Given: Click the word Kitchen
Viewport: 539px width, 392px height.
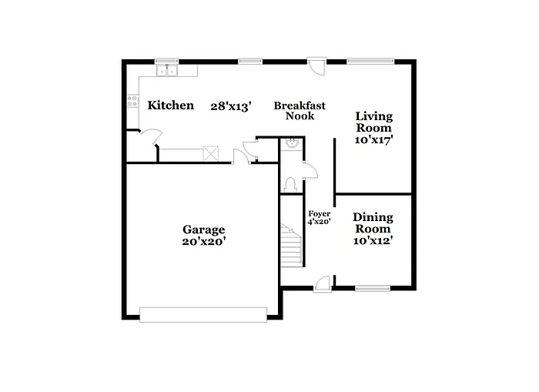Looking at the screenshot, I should pyautogui.click(x=171, y=106).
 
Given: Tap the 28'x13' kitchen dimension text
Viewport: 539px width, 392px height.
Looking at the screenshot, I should pyautogui.click(x=231, y=106).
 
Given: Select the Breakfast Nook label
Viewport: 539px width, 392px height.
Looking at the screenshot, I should pyautogui.click(x=300, y=111).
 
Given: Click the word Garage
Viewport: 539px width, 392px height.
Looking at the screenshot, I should pyautogui.click(x=203, y=229).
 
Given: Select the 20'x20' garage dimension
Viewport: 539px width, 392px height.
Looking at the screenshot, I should pyautogui.click(x=203, y=241).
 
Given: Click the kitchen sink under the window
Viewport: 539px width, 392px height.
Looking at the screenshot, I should pyautogui.click(x=167, y=71).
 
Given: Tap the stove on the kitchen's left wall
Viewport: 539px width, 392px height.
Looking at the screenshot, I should pyautogui.click(x=132, y=100).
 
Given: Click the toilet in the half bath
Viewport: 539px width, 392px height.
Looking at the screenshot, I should pyautogui.click(x=290, y=183).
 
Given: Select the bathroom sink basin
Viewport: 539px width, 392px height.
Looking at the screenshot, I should pyautogui.click(x=292, y=142).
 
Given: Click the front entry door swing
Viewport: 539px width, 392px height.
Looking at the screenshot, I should pyautogui.click(x=323, y=283).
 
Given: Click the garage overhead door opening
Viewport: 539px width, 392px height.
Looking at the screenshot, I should pyautogui.click(x=203, y=313).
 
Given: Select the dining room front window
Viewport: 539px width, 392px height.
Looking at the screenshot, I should pyautogui.click(x=373, y=289).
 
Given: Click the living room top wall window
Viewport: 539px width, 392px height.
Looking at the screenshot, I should pyautogui.click(x=370, y=60).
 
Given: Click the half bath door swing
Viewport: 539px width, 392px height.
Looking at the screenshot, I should pyautogui.click(x=309, y=169).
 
